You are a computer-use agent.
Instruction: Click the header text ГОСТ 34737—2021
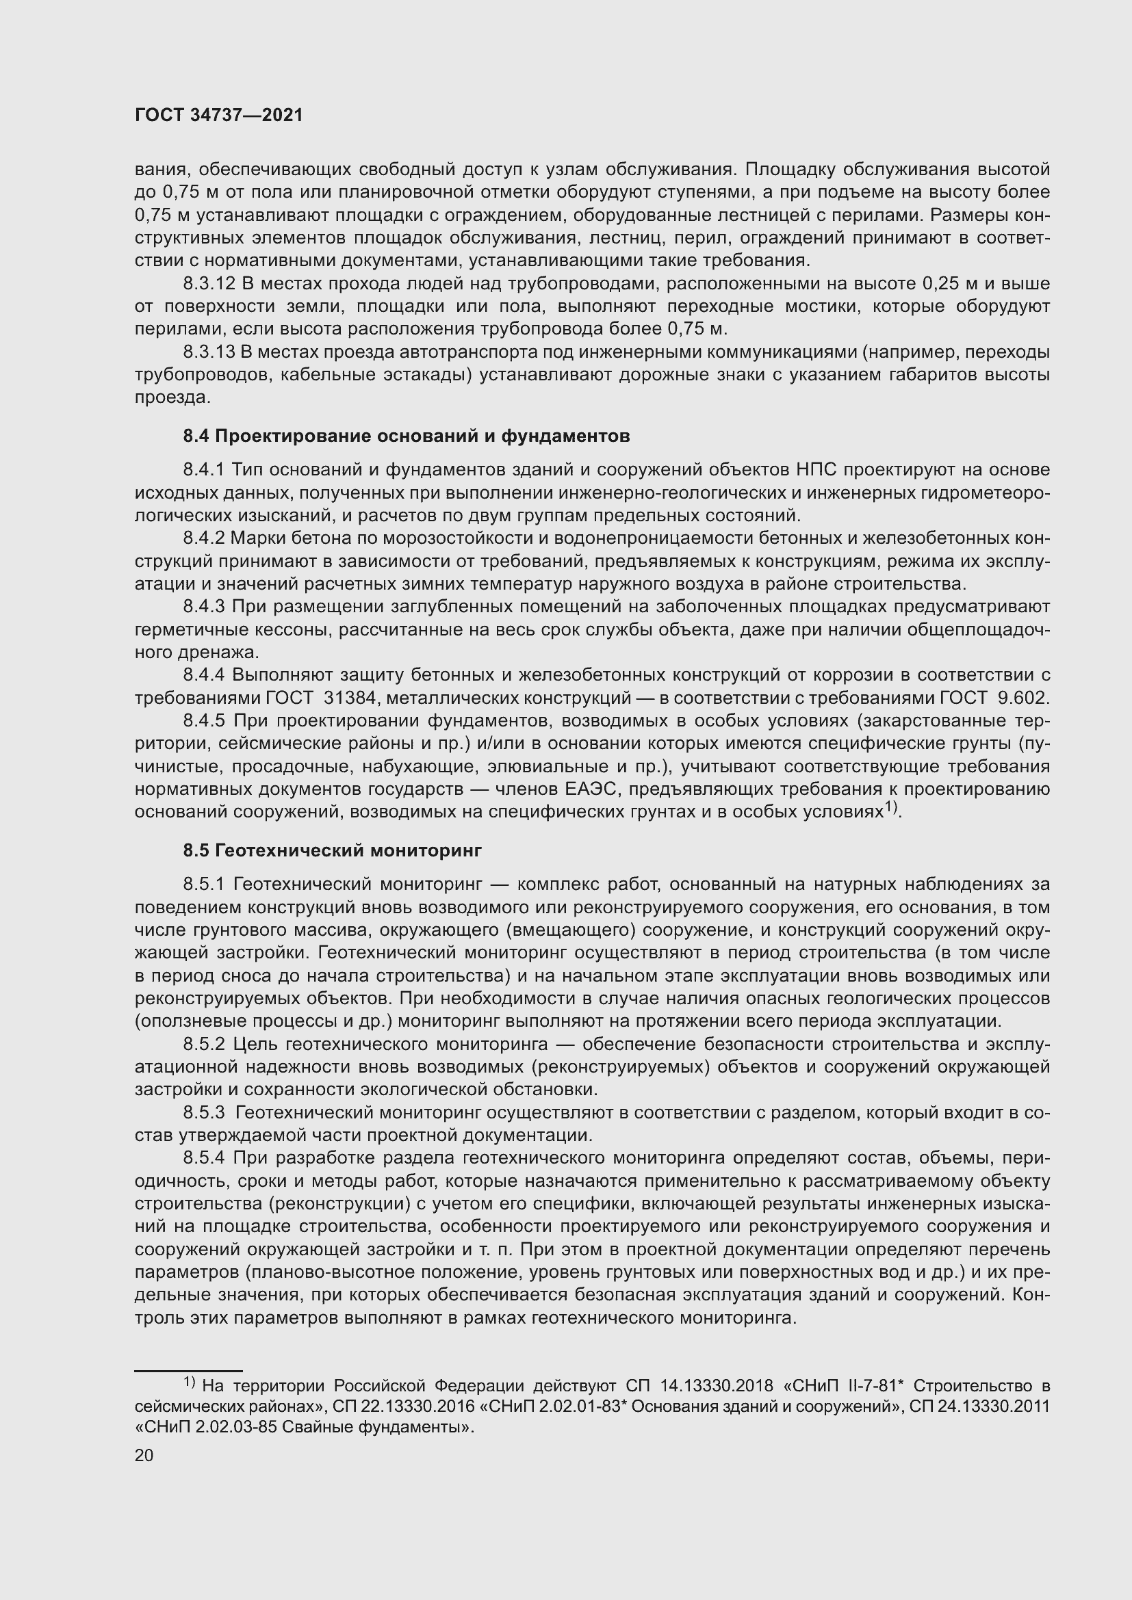pyautogui.click(x=219, y=115)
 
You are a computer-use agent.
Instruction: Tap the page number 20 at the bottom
pyautogui.click(x=144, y=1455)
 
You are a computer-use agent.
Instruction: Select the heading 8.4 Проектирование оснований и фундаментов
pyautogui.click(x=407, y=436)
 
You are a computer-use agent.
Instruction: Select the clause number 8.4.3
pyautogui.click(x=204, y=607)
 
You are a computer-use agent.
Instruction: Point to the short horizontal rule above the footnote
pyautogui.click(x=188, y=1371)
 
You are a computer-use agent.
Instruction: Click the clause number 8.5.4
pyautogui.click(x=204, y=1158)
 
